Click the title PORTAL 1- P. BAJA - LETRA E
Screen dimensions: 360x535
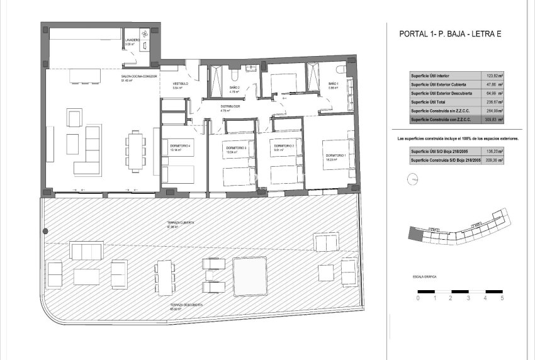pos(452,35)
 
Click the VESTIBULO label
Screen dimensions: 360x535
pos(181,84)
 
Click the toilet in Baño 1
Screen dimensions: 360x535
pos(340,70)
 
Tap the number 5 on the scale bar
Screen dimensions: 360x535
pos(502,299)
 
